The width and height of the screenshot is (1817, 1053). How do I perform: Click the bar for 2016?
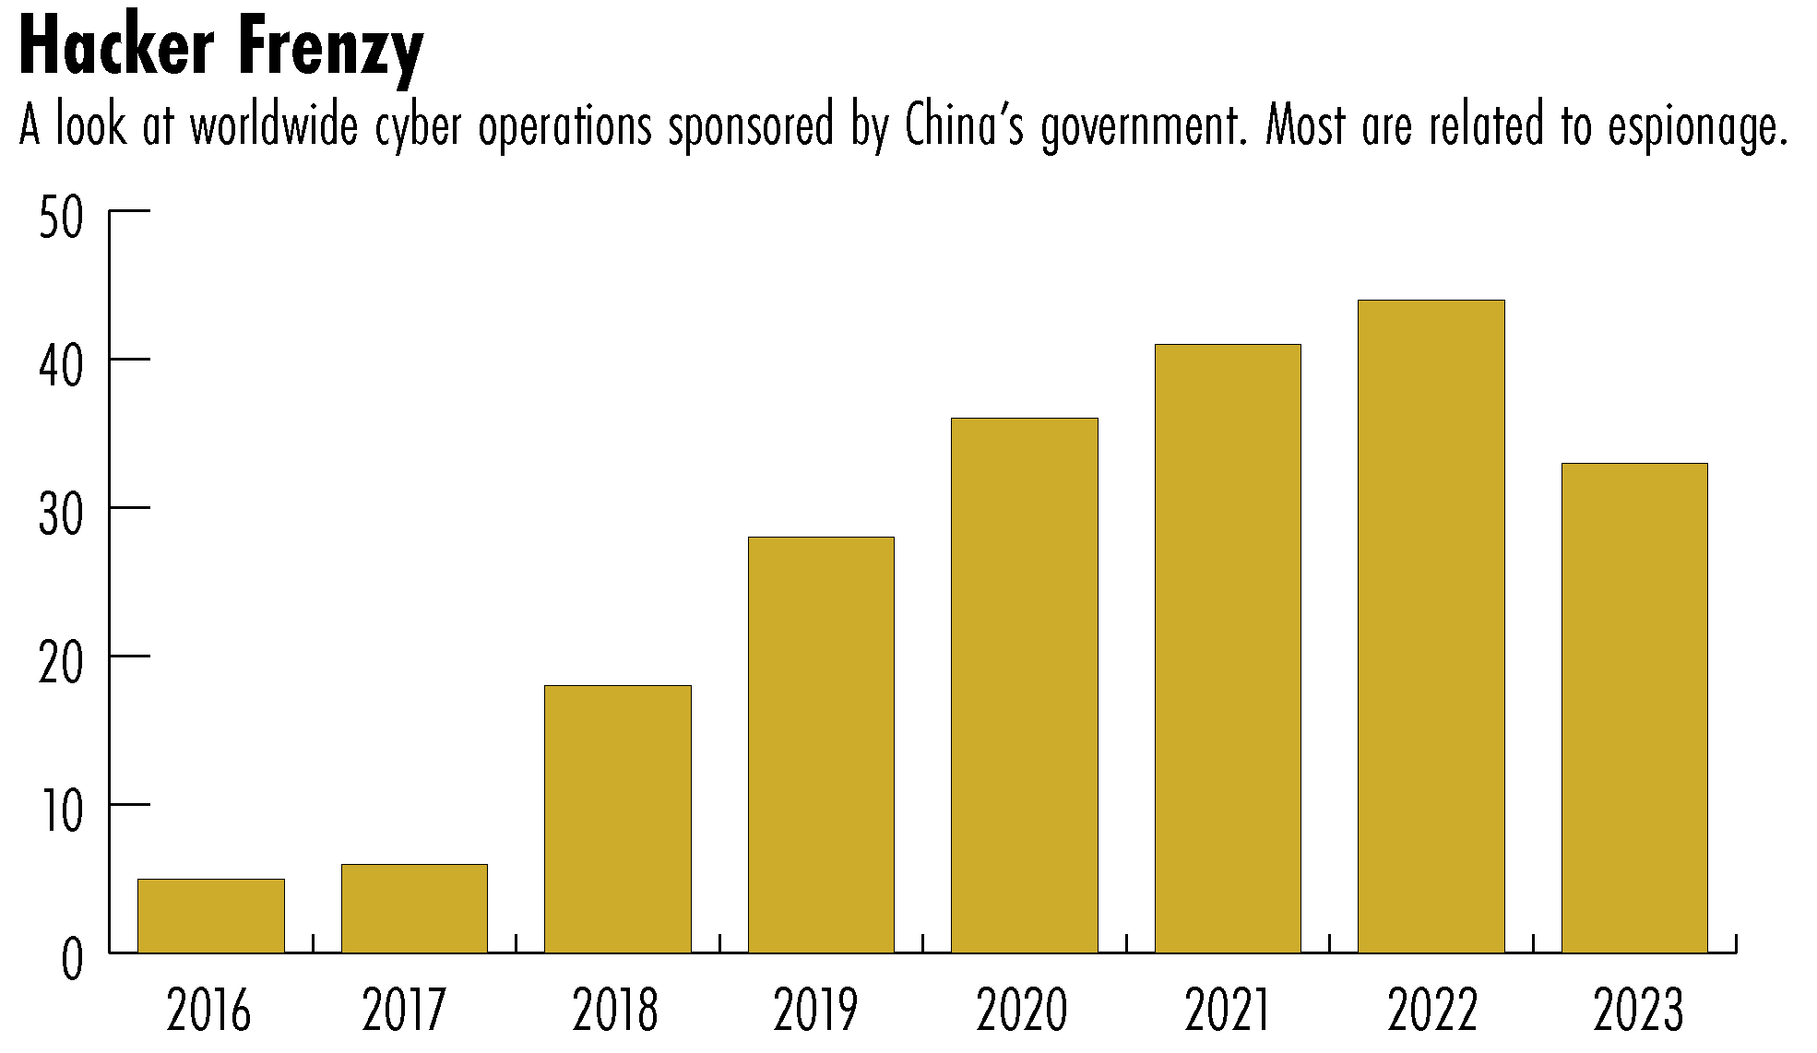point(211,916)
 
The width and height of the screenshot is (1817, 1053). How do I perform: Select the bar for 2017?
point(414,908)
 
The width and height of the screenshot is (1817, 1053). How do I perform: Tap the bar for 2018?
point(618,819)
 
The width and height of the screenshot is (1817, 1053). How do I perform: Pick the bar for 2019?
point(821,744)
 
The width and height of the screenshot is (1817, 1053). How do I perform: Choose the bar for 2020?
point(1025,685)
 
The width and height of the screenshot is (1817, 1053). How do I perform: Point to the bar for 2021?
point(1228,648)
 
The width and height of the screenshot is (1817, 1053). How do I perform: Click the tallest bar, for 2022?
point(1431,626)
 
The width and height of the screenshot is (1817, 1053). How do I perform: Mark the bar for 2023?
point(1634,707)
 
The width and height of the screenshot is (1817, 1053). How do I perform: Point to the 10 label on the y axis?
point(61,811)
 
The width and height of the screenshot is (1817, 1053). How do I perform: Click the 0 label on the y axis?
point(72,961)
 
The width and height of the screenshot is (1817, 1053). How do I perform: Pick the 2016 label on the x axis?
point(208,1011)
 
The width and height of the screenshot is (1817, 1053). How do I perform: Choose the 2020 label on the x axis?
point(1022,1011)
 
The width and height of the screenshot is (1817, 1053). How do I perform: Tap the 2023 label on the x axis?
point(1638,1011)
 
